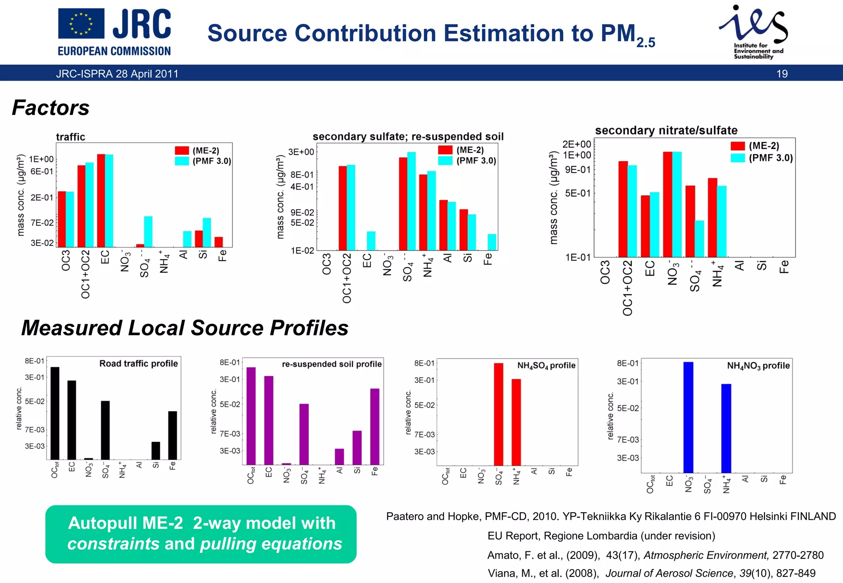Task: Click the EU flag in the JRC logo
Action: [x=81, y=23]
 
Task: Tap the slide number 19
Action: [x=782, y=74]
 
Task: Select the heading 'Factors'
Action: [x=51, y=108]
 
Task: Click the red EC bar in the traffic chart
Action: [x=101, y=200]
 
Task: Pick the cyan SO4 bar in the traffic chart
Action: [x=148, y=231]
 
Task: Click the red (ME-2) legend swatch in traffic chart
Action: [x=182, y=150]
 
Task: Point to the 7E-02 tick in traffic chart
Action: [x=42, y=223]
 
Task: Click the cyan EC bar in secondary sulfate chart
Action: [x=371, y=241]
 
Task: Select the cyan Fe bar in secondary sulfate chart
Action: [x=492, y=242]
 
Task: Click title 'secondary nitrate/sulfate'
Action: [x=666, y=131]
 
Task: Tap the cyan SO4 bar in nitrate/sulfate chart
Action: [x=699, y=238]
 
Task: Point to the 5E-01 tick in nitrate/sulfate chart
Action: [x=577, y=193]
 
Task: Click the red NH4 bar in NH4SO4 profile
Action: [x=516, y=422]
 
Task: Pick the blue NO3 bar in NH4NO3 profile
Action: [x=688, y=417]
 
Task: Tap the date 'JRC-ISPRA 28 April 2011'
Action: [x=117, y=74]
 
